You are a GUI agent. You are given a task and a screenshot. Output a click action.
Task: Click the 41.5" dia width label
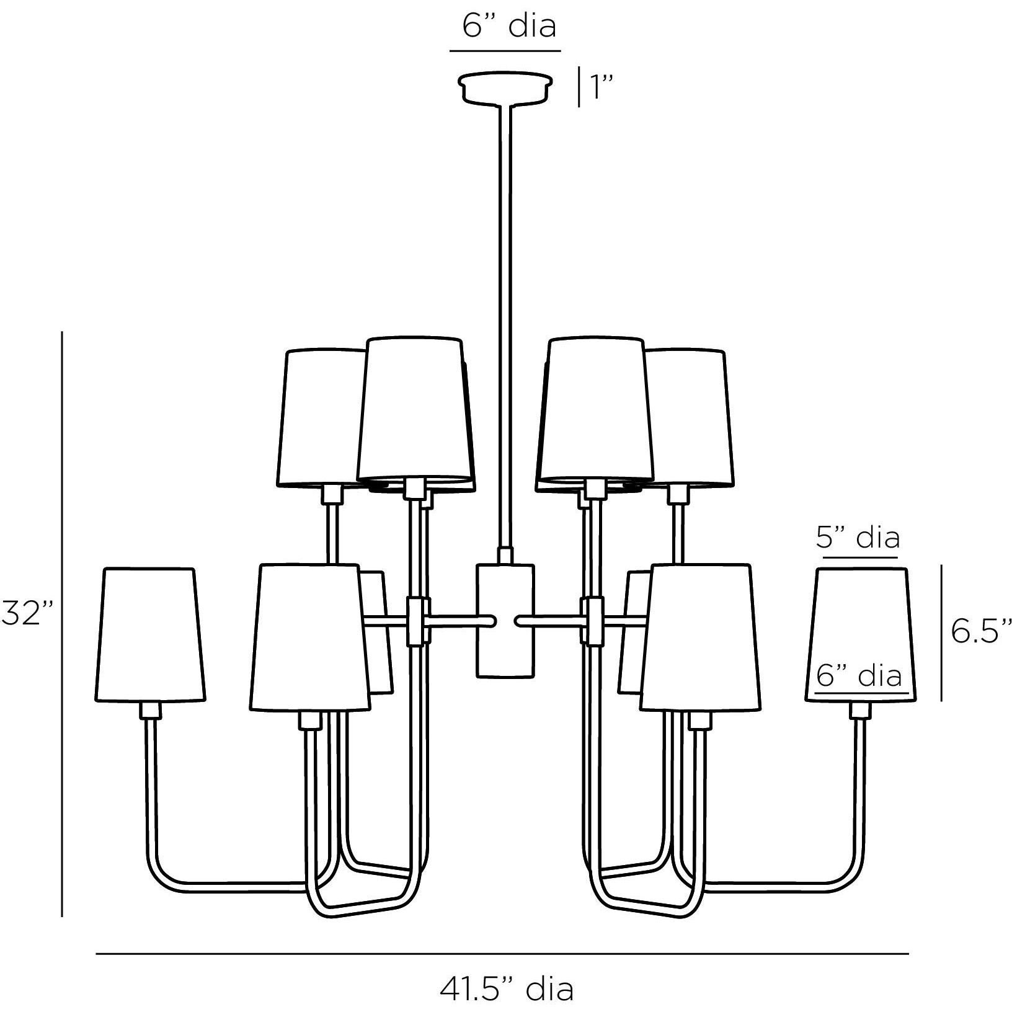tap(507, 989)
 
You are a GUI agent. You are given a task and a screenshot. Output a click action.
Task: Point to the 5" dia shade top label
tap(857, 538)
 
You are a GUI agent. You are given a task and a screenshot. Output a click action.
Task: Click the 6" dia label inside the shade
tap(858, 675)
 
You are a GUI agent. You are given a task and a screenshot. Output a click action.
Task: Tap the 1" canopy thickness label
tap(601, 87)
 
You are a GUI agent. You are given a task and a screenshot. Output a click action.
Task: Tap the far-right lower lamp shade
tap(861, 636)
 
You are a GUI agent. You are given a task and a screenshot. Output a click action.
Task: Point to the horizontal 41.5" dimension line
tap(502, 953)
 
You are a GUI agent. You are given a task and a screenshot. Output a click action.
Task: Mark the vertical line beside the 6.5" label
tap(941, 632)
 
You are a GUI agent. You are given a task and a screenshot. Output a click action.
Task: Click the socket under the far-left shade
tap(150, 710)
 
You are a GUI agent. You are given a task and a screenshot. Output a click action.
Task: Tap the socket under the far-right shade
tap(859, 710)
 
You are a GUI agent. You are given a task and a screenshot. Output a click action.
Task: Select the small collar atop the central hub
tap(505, 555)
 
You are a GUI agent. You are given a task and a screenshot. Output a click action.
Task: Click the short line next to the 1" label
tap(579, 87)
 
